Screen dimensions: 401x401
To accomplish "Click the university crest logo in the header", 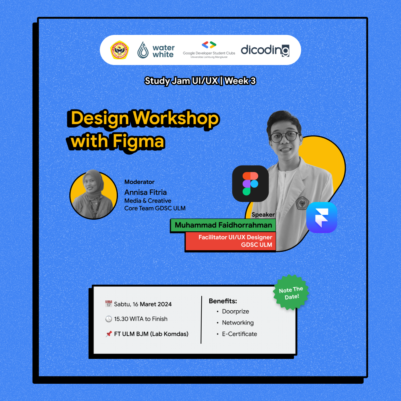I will (x=119, y=50).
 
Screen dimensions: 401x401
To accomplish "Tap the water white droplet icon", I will (x=143, y=50).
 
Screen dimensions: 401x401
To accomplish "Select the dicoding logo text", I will (x=265, y=50).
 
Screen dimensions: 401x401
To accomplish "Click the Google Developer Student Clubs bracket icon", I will (x=209, y=45).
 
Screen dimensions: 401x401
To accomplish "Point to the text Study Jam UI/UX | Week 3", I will (x=200, y=81).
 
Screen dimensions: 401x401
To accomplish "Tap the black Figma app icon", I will (x=250, y=183).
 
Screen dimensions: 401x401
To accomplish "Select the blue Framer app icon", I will (x=322, y=217).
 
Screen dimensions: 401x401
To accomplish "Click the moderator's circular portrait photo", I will (x=93, y=195).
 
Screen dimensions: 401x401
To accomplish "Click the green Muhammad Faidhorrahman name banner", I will (x=223, y=225).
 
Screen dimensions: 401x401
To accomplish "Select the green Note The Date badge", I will (x=292, y=292).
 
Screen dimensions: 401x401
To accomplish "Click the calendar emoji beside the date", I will (x=108, y=304).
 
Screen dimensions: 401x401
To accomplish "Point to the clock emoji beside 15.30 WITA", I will (x=108, y=319).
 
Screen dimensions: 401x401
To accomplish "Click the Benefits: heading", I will (x=223, y=301).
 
